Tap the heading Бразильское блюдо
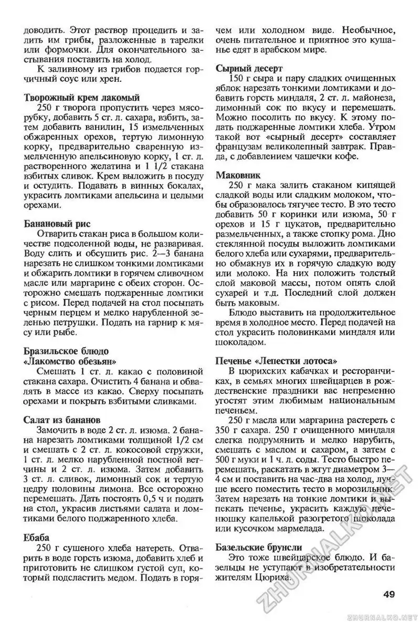pyautogui.click(x=67, y=351)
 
